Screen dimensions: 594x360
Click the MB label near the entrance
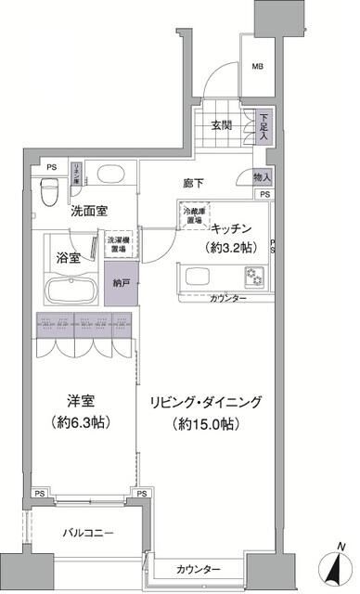pyautogui.click(x=258, y=67)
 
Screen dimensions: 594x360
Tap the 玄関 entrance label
pyautogui.click(x=222, y=126)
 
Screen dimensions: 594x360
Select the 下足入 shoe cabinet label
pyautogui.click(x=265, y=125)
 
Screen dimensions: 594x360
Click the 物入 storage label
pyautogui.click(x=262, y=177)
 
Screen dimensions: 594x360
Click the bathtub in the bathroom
pyautogui.click(x=70, y=290)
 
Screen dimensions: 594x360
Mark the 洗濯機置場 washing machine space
pyautogui.click(x=117, y=243)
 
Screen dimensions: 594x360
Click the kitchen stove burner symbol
pyautogui.click(x=252, y=276)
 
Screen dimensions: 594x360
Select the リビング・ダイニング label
pyautogui.click(x=209, y=403)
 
